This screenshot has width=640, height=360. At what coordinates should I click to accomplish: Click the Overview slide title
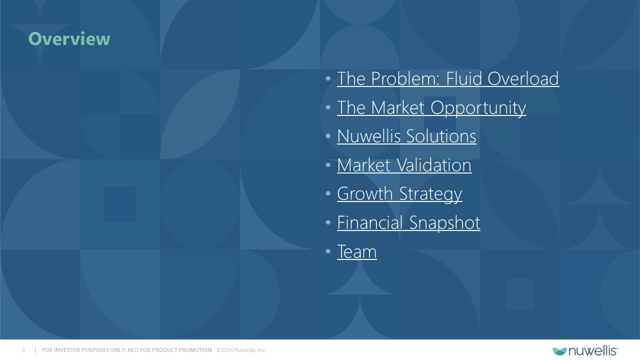(69, 38)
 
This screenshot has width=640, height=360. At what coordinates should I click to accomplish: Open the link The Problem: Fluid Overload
(448, 78)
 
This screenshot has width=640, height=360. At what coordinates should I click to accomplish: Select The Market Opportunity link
(431, 108)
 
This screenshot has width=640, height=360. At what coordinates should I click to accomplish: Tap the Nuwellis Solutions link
(406, 136)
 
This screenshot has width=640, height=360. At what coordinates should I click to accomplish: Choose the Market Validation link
(404, 165)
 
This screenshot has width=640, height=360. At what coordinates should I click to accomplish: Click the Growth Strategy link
(399, 194)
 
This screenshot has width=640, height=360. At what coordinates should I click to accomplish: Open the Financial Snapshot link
(408, 223)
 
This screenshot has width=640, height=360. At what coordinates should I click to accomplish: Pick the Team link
(357, 251)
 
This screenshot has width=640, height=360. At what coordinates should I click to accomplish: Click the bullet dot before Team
(328, 251)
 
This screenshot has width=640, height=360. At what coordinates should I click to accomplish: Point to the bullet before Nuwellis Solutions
(328, 135)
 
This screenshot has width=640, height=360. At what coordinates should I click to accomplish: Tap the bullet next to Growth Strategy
(328, 193)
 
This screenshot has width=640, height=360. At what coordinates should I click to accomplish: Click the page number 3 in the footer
(23, 350)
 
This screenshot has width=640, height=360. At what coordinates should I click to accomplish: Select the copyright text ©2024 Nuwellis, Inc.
(241, 350)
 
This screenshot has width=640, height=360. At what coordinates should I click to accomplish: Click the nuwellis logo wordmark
(593, 350)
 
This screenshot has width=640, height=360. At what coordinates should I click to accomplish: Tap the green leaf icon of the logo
(559, 351)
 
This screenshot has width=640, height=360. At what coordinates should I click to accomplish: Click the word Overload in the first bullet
(523, 78)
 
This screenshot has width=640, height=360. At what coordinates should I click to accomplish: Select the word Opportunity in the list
(478, 108)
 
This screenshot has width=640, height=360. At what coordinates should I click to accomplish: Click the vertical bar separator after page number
(35, 350)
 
